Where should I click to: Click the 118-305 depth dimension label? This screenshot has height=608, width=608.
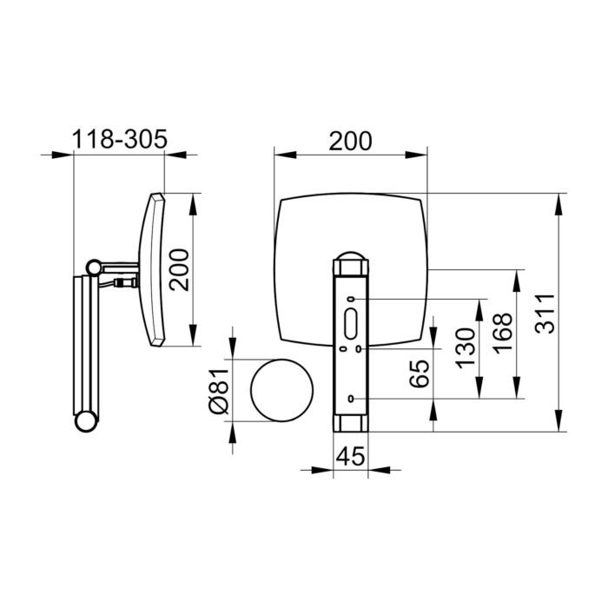pyautogui.click(x=120, y=139)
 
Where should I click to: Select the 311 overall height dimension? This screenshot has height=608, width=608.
pyautogui.click(x=545, y=314)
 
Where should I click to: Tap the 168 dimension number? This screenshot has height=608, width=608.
pyautogui.click(x=503, y=333)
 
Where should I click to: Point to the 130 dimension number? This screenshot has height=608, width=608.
pyautogui.click(x=465, y=348)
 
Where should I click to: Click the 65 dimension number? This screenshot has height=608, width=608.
pyautogui.click(x=420, y=373)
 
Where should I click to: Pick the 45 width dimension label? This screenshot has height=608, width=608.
pyautogui.click(x=351, y=456)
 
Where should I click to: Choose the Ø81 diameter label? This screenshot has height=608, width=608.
pyautogui.click(x=220, y=391)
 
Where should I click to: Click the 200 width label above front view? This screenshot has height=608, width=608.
pyautogui.click(x=350, y=141)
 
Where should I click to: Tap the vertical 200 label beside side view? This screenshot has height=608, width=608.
pyautogui.click(x=179, y=270)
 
